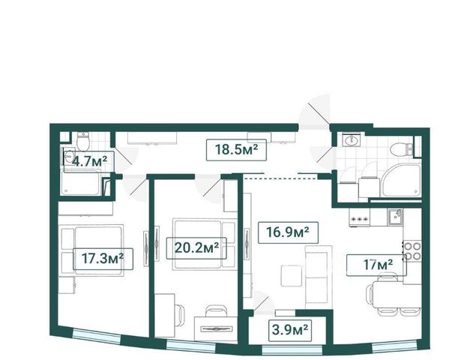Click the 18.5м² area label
[x=236, y=150]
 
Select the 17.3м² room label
[x=103, y=259]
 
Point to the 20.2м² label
[x=196, y=248]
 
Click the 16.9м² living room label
[x=288, y=232]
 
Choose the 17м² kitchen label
[x=376, y=265]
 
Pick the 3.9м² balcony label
[x=289, y=331]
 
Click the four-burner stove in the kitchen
[x=412, y=251]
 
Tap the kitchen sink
[x=396, y=217]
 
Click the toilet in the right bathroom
[x=402, y=149]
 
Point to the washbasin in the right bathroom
[x=352, y=140]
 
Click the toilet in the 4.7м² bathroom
[x=82, y=141]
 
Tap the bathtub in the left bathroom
[x=82, y=183]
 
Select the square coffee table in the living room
[x=292, y=276]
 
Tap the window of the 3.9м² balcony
[x=292, y=350]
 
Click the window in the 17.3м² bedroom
[x=97, y=336]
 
